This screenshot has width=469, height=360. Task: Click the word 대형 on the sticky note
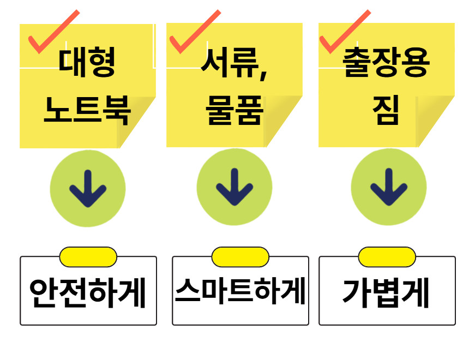click(87, 63)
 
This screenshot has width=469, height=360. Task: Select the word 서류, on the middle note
click(234, 63)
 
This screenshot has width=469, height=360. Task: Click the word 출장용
click(386, 63)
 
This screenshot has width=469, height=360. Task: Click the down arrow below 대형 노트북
click(88, 188)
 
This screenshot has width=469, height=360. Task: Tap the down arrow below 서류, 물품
click(234, 187)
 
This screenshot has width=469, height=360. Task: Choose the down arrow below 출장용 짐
click(388, 187)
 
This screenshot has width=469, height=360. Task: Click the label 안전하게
click(88, 293)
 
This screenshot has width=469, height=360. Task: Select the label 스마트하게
click(240, 292)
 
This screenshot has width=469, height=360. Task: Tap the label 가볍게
click(386, 293)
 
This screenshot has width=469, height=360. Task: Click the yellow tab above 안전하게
click(88, 257)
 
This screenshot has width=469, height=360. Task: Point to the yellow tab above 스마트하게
click(240, 257)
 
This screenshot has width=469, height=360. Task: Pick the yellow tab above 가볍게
click(387, 257)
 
